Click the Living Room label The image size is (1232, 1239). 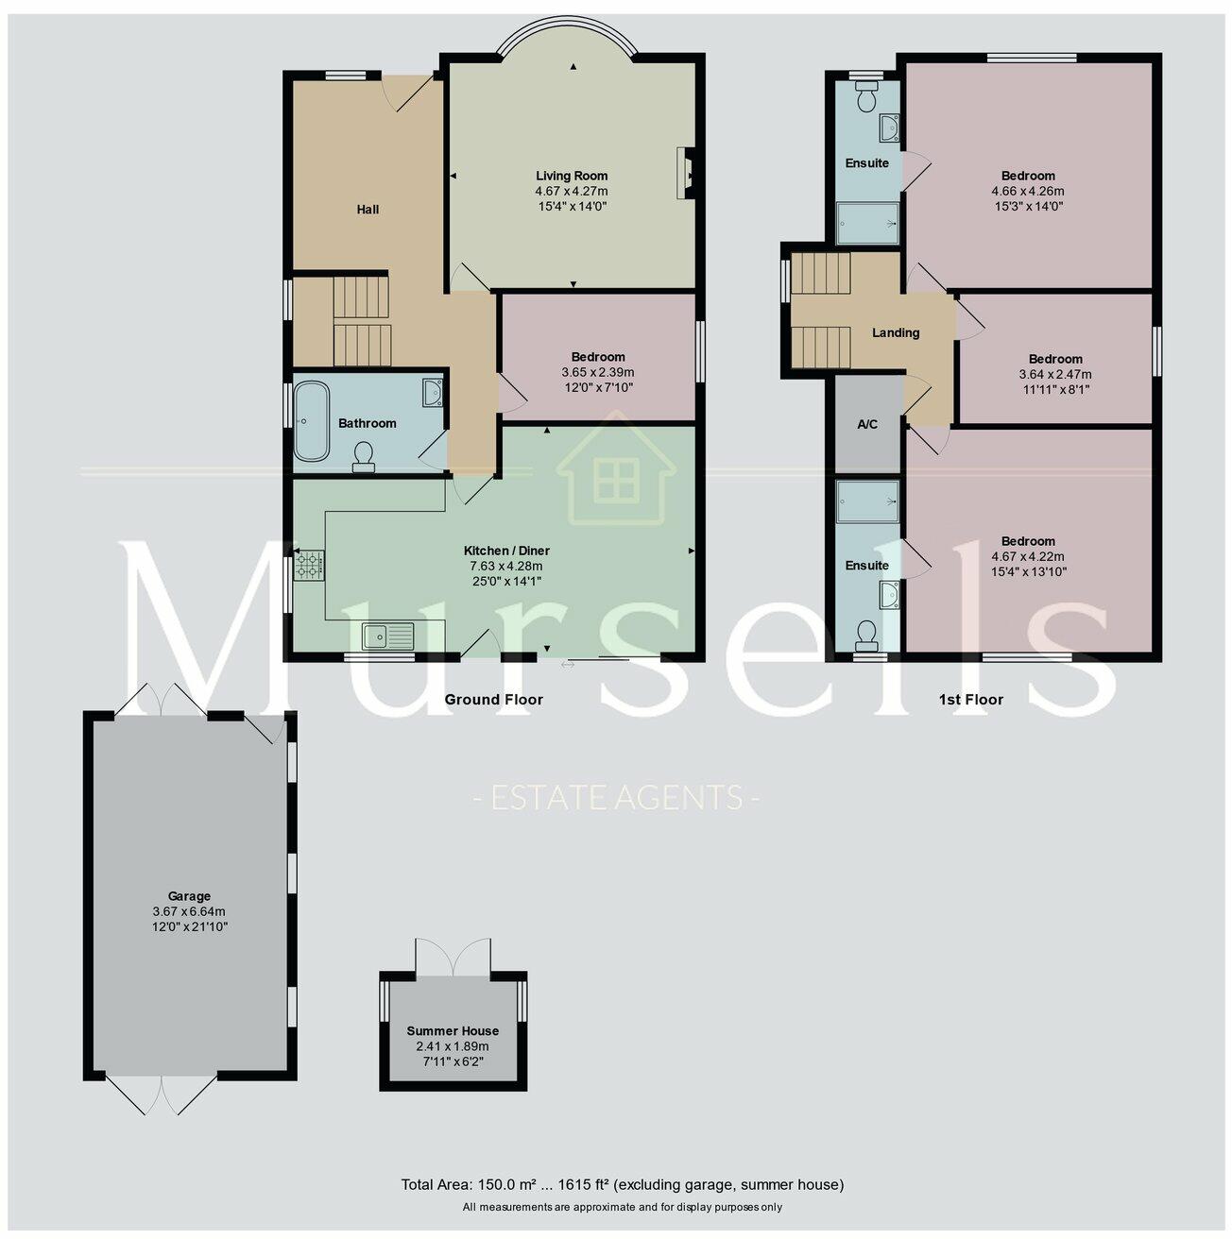pyautogui.click(x=572, y=176)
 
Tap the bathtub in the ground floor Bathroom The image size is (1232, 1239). pyautogui.click(x=311, y=421)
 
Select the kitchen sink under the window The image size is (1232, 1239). pyautogui.click(x=388, y=636)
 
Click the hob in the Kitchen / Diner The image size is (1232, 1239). pyautogui.click(x=309, y=566)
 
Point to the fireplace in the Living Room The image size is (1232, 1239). pyautogui.click(x=684, y=173)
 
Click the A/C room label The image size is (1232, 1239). pyautogui.click(x=866, y=425)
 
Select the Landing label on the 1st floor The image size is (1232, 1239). pyautogui.click(x=895, y=332)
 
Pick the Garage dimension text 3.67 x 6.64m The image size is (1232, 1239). pyautogui.click(x=189, y=912)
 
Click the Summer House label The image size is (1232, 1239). pyautogui.click(x=453, y=1031)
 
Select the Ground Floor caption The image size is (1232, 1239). pyautogui.click(x=494, y=700)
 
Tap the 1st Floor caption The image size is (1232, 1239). pyautogui.click(x=970, y=700)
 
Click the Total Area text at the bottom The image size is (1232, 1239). pyautogui.click(x=622, y=1184)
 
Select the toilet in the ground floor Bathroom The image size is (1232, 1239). pyautogui.click(x=364, y=458)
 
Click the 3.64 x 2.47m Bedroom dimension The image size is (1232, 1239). pyautogui.click(x=1055, y=374)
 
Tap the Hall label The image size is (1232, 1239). pyautogui.click(x=368, y=210)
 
